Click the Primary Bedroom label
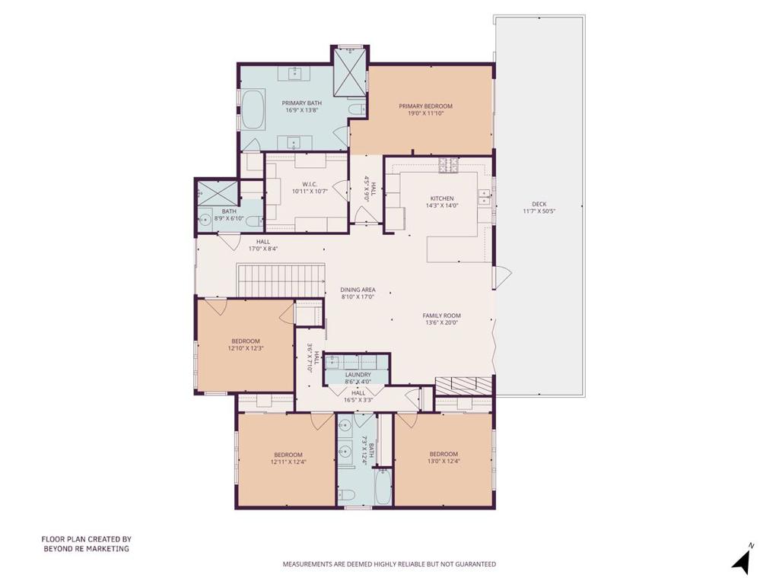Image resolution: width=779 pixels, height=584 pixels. pos(426,106)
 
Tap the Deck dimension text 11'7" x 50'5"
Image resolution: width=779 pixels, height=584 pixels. pos(539,211)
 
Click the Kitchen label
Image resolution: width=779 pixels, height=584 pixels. pos(442,198)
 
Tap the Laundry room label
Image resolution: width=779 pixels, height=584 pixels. pos(358,375)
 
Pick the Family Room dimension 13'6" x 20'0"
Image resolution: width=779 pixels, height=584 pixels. pos(442,322)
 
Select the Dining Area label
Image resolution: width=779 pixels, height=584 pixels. pos(358,290)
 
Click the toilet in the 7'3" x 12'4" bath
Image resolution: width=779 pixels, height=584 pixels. pos(346,494)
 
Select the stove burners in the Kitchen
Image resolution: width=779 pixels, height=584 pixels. pos(449,165)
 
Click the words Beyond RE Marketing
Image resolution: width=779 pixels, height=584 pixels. pos(87,549)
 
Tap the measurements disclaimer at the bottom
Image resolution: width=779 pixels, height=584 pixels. pos(389,564)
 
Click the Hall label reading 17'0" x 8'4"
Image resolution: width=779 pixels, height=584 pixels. pos(262,246)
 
